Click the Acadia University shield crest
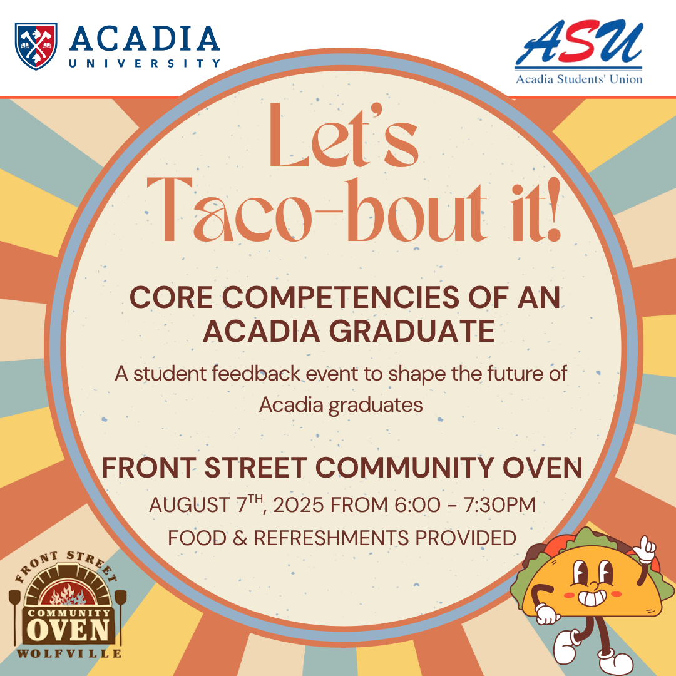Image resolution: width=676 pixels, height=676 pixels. pyautogui.click(x=36, y=46)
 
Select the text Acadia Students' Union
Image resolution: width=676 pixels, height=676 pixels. pyautogui.click(x=579, y=79)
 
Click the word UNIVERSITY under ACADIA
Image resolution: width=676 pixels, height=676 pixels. pyautogui.click(x=145, y=63)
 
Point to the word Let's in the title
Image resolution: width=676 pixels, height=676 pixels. pyautogui.click(x=344, y=135)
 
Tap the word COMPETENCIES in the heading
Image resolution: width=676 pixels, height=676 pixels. pyautogui.click(x=340, y=297)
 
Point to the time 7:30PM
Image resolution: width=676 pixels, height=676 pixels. pyautogui.click(x=499, y=505)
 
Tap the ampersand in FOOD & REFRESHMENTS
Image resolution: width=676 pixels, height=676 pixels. pyautogui.click(x=240, y=538)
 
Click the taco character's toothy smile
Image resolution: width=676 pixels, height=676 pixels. pyautogui.click(x=592, y=598)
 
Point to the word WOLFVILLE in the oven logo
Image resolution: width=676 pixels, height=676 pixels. pyautogui.click(x=69, y=653)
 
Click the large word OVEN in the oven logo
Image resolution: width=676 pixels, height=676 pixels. pyautogui.click(x=69, y=630)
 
